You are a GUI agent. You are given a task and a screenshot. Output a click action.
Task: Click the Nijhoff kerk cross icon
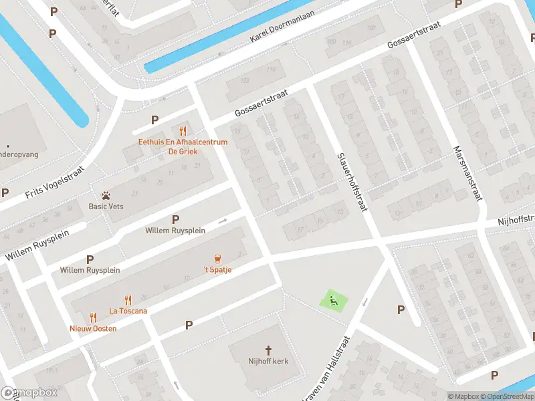pos(269,350)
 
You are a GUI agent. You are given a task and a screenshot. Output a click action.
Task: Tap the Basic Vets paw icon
pos(106,195)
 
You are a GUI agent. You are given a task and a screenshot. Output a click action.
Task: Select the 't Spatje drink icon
pos(217,259)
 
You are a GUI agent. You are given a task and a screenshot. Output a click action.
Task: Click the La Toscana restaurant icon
pos(127,301)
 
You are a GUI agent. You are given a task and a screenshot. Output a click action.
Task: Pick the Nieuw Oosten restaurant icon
pos(93,318)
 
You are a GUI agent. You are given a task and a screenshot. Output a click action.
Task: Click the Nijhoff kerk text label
pos(267,362)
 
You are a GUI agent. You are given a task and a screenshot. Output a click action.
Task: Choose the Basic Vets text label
pos(106,206)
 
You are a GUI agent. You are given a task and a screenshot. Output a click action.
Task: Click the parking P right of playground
pos(401,309)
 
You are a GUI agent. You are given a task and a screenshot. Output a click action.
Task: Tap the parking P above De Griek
pos(154,120)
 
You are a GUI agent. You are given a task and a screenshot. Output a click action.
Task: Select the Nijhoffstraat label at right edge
pos(516,220)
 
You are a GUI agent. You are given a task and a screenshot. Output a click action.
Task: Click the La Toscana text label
pos(128,311)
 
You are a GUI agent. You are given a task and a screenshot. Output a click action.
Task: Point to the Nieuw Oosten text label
pos(93,328)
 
